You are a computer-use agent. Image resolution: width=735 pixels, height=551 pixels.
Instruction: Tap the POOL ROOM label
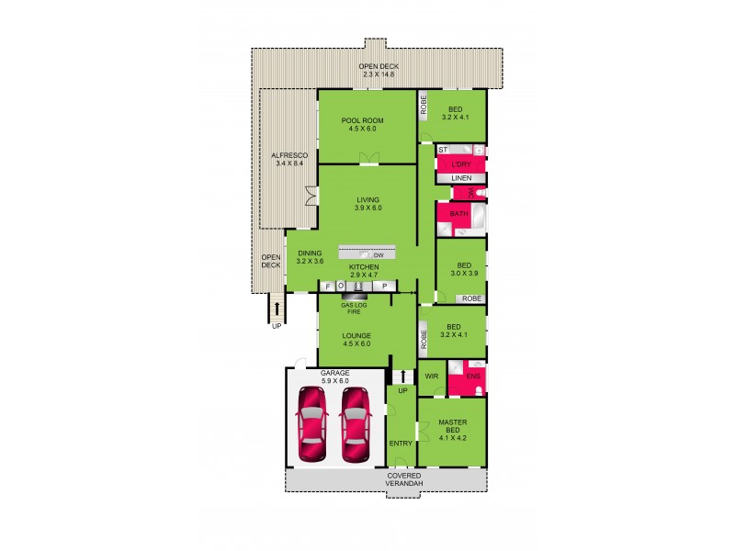coord(362,125)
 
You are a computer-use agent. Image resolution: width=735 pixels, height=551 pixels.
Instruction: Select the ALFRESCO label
coord(289,160)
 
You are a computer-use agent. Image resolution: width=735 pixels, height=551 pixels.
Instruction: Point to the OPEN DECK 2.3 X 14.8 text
coord(379,71)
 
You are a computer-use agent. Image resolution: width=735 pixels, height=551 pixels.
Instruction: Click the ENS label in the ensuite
coord(473,376)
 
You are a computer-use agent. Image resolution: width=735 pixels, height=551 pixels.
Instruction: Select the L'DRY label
coord(461,164)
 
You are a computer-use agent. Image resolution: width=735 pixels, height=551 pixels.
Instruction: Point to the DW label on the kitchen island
coord(378,254)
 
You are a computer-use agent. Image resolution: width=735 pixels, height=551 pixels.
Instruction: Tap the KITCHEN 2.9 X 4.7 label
coord(364,271)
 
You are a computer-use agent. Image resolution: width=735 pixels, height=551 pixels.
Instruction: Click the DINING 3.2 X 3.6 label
coord(311,257)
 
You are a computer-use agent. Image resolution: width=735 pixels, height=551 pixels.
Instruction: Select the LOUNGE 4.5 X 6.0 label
coord(356,340)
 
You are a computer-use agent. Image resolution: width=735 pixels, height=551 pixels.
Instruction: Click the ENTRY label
coord(401,444)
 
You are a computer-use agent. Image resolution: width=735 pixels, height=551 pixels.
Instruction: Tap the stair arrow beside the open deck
coord(277,306)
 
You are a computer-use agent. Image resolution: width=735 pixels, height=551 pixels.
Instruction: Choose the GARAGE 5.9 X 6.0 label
coord(334,377)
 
